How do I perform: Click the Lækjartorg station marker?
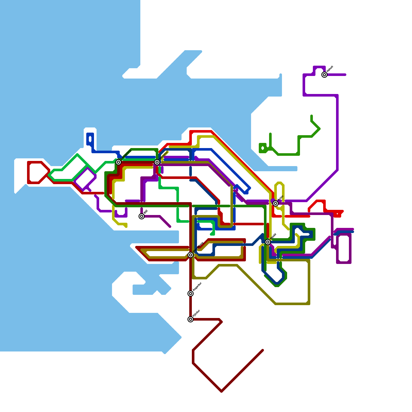118,162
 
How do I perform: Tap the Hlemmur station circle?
157,162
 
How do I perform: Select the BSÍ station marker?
142,216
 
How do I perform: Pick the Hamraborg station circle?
191,255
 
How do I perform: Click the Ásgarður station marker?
191,294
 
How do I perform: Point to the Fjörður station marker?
191,319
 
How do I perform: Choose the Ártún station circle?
276,203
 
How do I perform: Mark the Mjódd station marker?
268,242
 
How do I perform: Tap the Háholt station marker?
324,75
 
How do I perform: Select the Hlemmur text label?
164,155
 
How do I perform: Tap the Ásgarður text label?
197,287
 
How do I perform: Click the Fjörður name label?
196,313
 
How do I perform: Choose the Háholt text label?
330,69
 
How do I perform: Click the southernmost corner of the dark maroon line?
221,391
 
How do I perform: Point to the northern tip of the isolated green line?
312,116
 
